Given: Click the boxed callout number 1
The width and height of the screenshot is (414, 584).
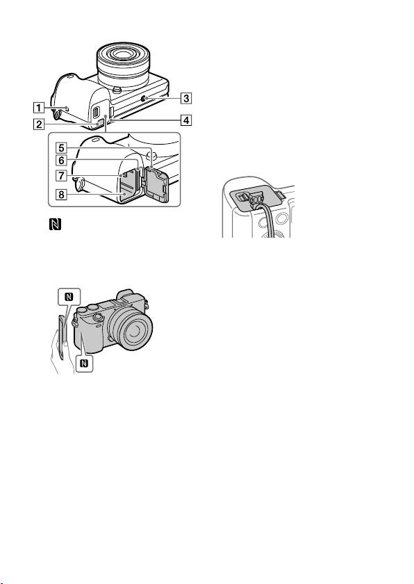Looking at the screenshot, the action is [38, 108].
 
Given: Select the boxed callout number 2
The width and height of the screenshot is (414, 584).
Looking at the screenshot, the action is [38, 124].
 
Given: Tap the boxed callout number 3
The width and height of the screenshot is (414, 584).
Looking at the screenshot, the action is [186, 98].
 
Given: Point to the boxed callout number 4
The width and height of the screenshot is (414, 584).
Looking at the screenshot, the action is [186, 120].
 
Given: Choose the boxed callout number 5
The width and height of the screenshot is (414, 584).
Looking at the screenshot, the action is [61, 148].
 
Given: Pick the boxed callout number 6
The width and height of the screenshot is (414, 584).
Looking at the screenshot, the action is [61, 161].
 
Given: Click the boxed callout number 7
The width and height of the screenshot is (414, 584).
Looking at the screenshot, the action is [61, 175].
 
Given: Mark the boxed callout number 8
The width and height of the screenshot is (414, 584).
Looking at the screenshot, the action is [61, 194].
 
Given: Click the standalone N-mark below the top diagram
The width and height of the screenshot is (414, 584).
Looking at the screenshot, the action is [55, 224].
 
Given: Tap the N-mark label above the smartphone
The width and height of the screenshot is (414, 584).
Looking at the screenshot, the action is [69, 297].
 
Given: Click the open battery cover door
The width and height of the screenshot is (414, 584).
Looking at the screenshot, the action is [156, 184].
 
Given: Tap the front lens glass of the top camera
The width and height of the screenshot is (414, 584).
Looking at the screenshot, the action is [124, 55].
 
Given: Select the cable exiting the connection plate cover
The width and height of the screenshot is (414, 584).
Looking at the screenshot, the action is [268, 220].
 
